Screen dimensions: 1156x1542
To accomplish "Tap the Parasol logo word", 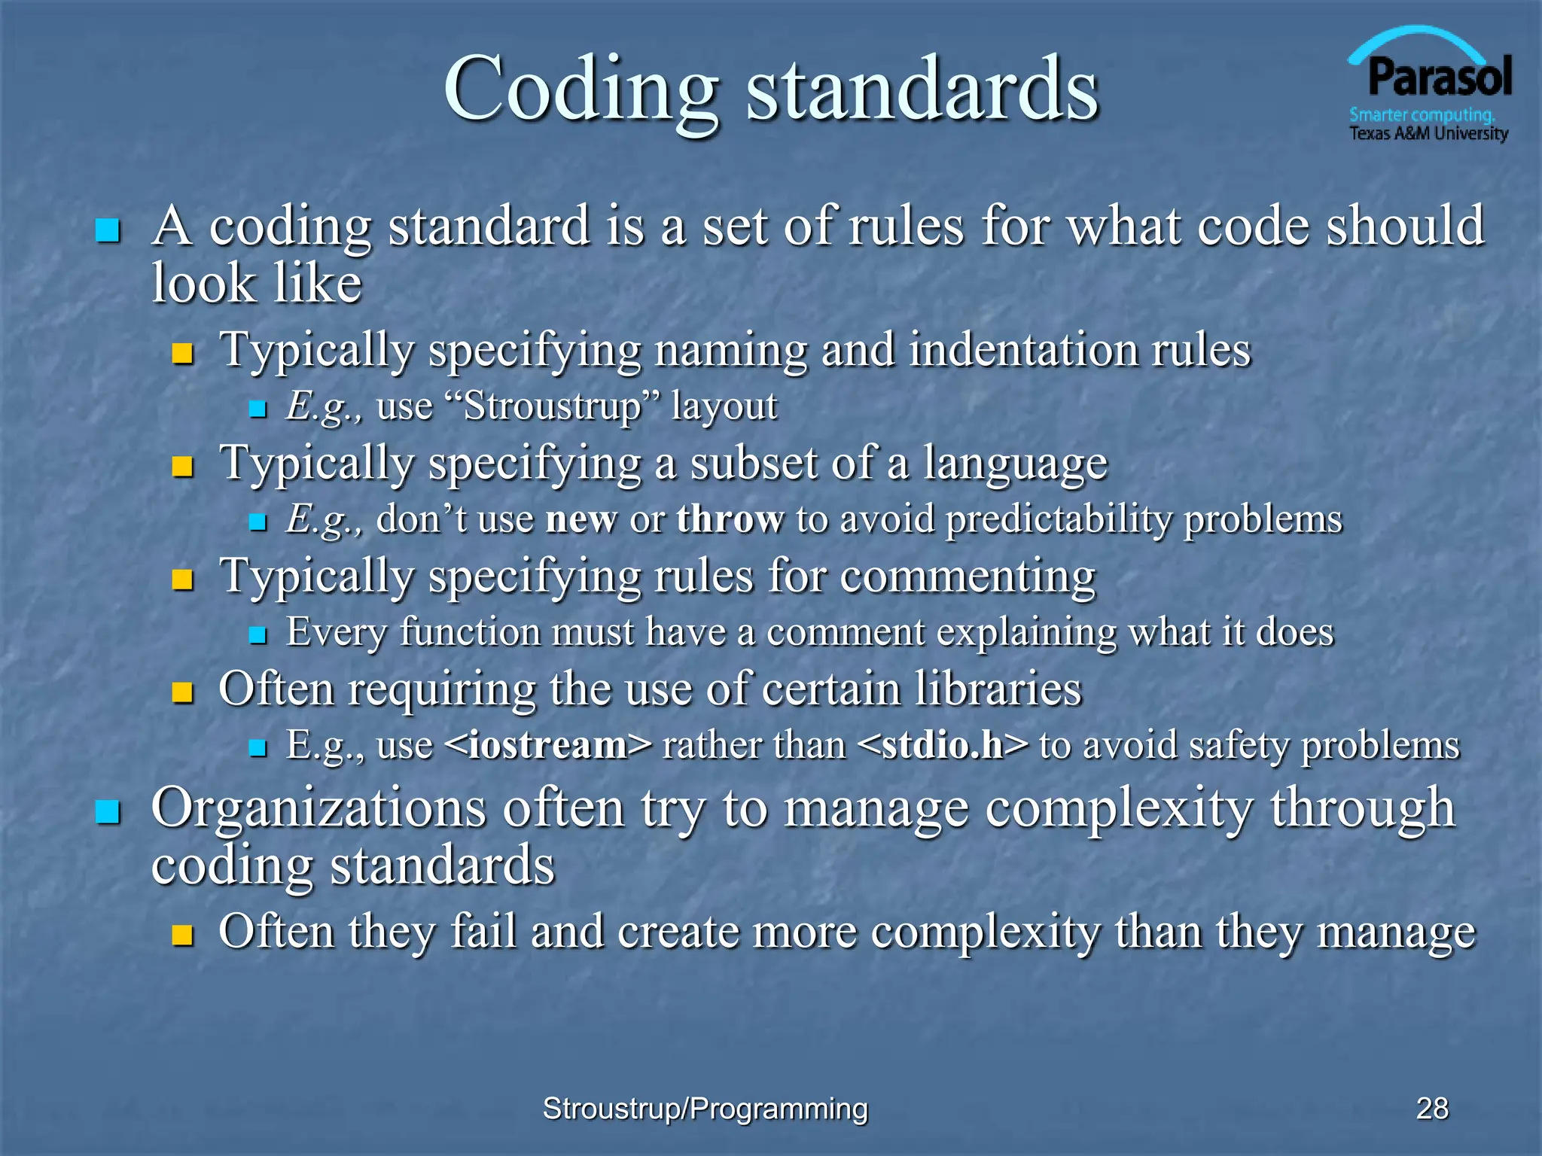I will (x=1439, y=78).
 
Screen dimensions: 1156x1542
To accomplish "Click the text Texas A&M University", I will (x=1428, y=134).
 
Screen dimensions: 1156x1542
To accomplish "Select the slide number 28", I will (x=1432, y=1109).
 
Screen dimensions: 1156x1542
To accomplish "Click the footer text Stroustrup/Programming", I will (x=705, y=1109).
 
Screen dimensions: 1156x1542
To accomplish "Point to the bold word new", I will (x=581, y=520).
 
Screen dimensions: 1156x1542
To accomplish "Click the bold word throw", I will (x=730, y=520).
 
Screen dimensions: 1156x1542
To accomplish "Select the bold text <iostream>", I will (x=548, y=745).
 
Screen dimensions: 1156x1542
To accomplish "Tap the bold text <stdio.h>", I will (x=942, y=745).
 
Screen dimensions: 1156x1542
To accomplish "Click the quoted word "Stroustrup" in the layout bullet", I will (x=553, y=407).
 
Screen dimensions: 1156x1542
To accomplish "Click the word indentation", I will (x=1022, y=350).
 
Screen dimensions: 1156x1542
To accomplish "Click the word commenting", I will (x=967, y=576).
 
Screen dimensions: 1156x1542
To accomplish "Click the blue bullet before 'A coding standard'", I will (x=108, y=230).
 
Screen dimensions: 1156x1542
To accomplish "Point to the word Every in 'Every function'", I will (x=336, y=632).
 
